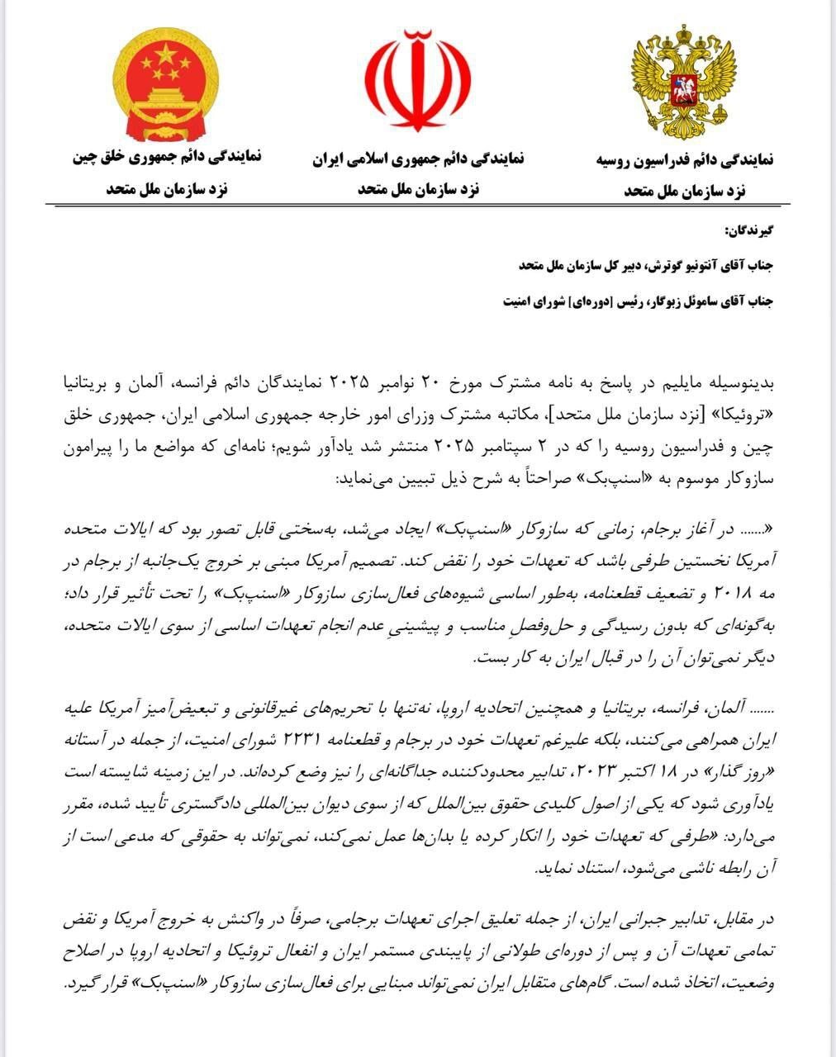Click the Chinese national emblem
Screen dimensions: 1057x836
[x=168, y=83]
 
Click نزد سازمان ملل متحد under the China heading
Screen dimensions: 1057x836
[x=167, y=189]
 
